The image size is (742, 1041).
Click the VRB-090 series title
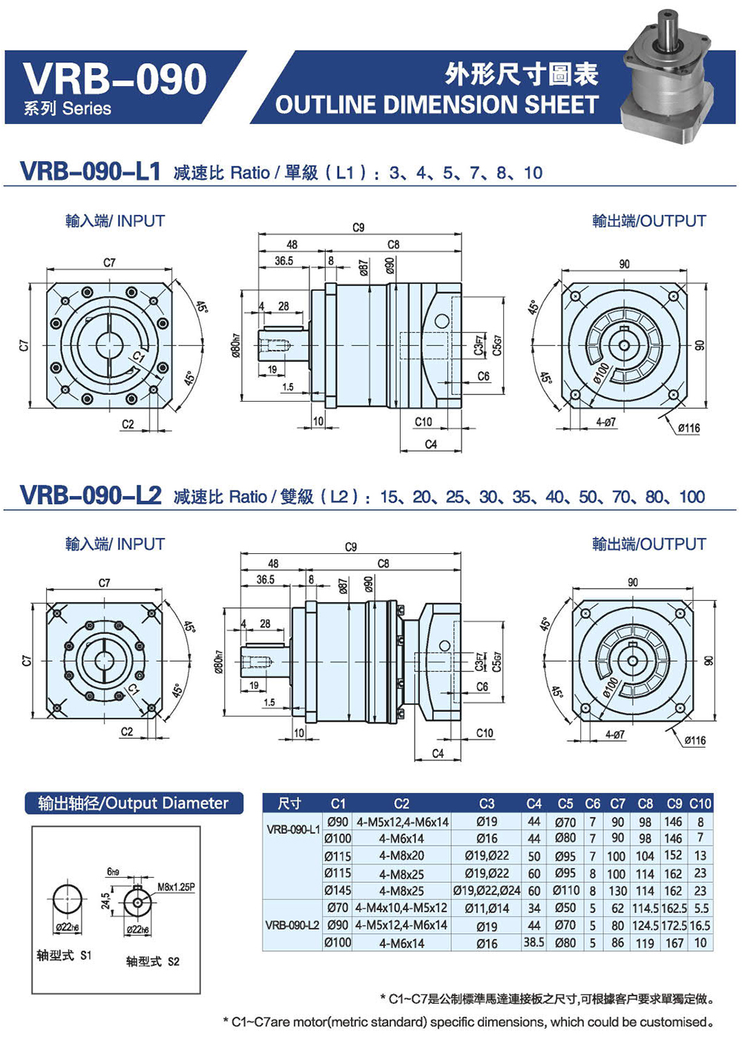click(115, 79)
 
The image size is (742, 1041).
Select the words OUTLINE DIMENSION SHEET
click(436, 105)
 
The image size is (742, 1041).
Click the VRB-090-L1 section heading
click(91, 172)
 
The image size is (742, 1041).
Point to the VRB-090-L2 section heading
click(91, 495)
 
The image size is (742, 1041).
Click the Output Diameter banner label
click(134, 803)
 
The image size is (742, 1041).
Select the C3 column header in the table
click(486, 803)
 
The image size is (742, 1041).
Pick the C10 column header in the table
click(700, 803)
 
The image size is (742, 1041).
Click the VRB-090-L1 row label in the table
click(293, 829)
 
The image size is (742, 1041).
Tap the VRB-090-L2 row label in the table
click(292, 925)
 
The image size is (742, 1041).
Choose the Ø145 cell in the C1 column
click(338, 890)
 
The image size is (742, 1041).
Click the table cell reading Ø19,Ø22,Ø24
click(486, 890)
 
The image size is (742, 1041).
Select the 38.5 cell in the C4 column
click(533, 942)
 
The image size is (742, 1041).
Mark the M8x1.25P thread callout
click(176, 887)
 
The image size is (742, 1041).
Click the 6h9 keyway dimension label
click(113, 872)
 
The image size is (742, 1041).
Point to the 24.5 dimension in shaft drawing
click(106, 901)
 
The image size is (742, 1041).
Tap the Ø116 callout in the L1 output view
click(688, 428)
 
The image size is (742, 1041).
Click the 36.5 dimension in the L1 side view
click(283, 261)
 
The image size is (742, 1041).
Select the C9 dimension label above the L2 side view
click(351, 547)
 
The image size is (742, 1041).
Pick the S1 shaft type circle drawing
click(68, 901)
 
